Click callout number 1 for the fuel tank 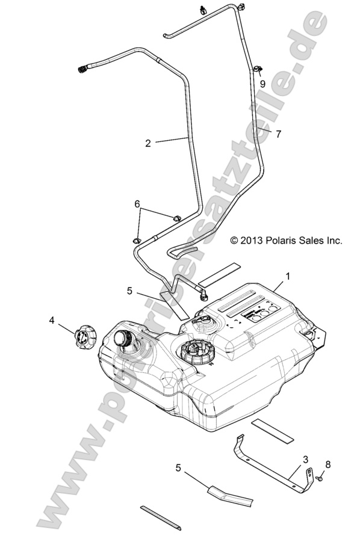(x=287, y=276)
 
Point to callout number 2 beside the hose (x=148, y=143)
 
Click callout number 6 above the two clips (x=138, y=205)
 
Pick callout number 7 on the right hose (x=278, y=134)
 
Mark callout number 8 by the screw (x=327, y=464)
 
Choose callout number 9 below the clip (x=262, y=85)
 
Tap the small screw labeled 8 (x=317, y=478)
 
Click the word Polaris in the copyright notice (x=285, y=241)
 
